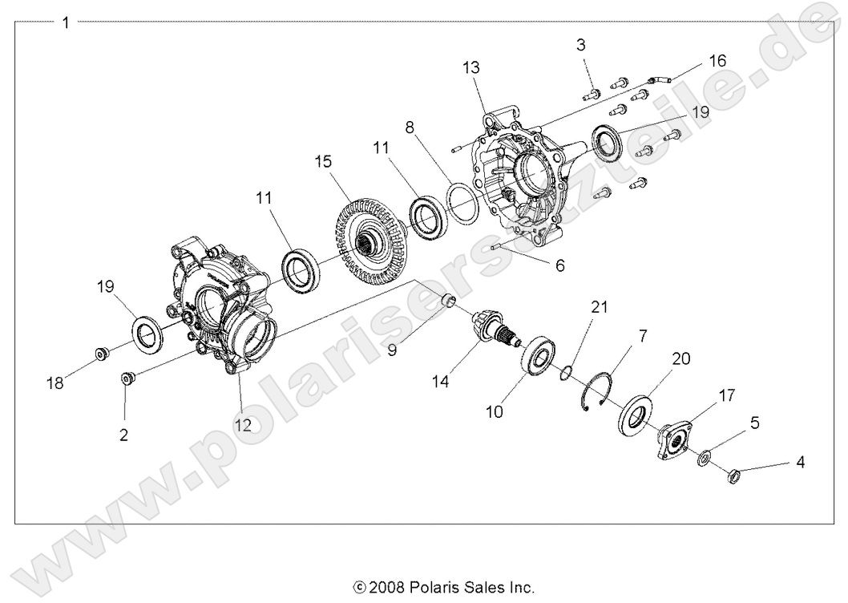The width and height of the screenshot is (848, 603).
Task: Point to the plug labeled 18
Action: coord(103,354)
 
